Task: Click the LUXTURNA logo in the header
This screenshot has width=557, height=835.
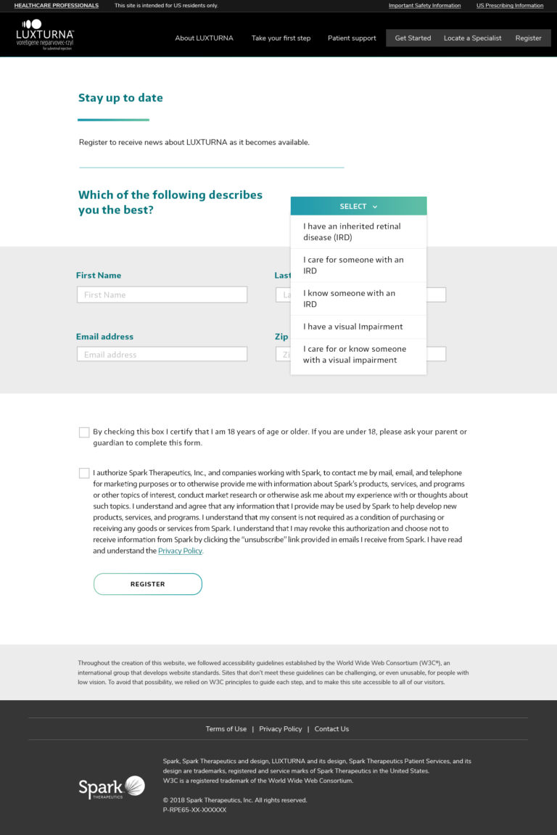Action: click(45, 34)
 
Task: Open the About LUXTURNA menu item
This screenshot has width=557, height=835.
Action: click(204, 38)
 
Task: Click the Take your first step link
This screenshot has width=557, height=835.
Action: click(281, 38)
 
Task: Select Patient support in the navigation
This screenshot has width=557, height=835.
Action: click(352, 38)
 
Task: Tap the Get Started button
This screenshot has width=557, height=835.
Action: click(413, 38)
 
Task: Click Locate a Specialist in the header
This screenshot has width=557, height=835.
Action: click(472, 38)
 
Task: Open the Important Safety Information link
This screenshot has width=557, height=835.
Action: click(424, 6)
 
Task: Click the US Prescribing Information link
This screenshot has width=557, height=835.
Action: click(509, 6)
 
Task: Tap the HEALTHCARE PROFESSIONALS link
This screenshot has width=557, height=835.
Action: click(57, 6)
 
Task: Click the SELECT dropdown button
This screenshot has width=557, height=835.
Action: click(358, 206)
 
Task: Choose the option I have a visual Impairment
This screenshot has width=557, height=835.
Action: click(352, 326)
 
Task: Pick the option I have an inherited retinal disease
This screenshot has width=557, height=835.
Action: click(352, 231)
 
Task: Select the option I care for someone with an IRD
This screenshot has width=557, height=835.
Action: click(353, 265)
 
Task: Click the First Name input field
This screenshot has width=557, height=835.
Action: click(162, 295)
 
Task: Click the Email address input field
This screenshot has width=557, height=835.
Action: click(162, 354)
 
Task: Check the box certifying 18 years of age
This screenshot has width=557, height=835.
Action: click(84, 432)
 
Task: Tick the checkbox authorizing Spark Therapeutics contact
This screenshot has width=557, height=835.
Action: click(84, 473)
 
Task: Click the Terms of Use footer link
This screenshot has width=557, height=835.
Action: click(226, 729)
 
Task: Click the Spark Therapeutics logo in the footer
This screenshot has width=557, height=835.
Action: click(112, 787)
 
